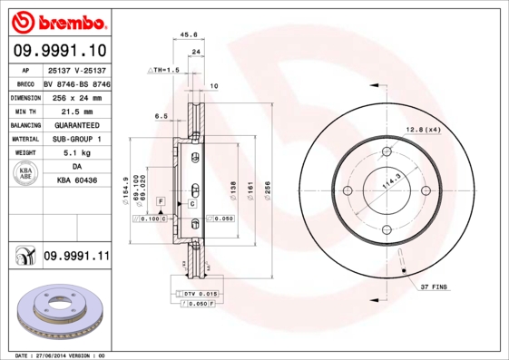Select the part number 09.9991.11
pos(76,257)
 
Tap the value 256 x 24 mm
pos(77,96)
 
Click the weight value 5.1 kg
pos(77,153)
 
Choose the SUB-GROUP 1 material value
pos(77,139)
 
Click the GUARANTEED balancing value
pos(77,124)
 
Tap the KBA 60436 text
pos(77,181)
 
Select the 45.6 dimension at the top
pos(190,36)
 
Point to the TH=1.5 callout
pos(166,70)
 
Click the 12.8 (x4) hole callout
pos(424,130)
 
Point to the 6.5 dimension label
pos(161,116)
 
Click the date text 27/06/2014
pos(59,355)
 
